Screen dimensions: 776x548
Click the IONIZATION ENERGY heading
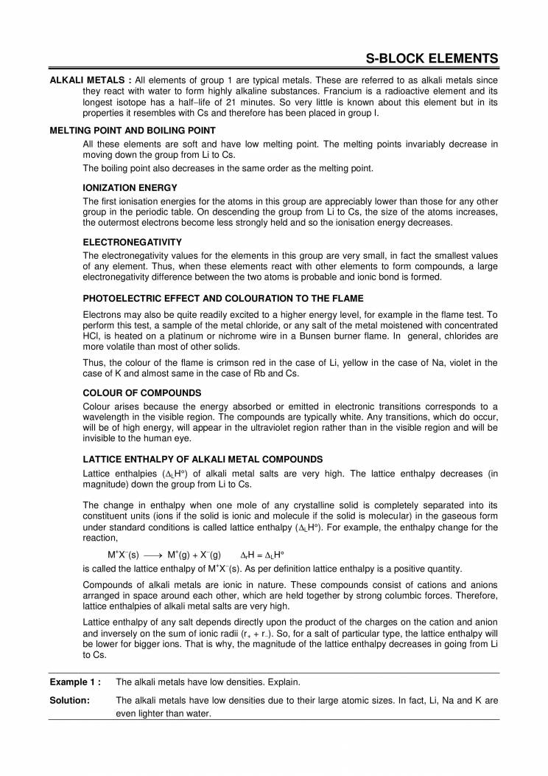(x=120, y=189)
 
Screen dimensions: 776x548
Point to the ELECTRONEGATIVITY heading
(x=133, y=242)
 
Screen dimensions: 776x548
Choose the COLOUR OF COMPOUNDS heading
(x=142, y=393)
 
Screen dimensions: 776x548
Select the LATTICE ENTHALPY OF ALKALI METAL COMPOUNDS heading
(x=203, y=459)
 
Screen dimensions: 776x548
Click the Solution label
(x=69, y=700)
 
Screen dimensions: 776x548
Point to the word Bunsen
(x=344, y=336)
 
